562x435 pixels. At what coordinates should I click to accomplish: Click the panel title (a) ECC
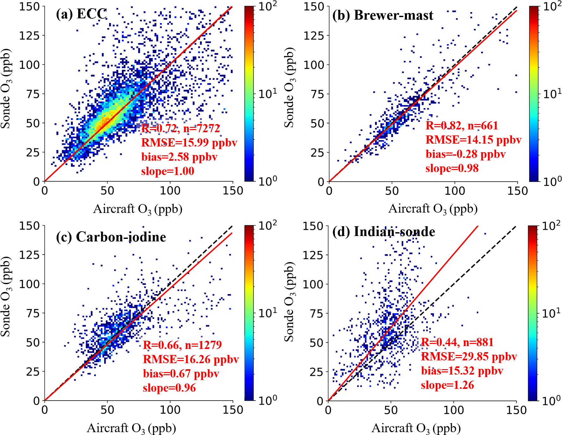tap(81, 14)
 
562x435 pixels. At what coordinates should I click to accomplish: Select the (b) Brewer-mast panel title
tap(383, 15)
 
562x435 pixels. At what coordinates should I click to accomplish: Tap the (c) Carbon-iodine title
tap(111, 237)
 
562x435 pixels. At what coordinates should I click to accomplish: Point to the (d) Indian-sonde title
tap(384, 232)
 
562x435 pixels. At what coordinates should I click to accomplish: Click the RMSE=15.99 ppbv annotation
tap(189, 143)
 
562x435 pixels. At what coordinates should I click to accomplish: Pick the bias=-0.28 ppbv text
tap(465, 154)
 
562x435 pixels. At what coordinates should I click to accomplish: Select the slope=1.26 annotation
tap(447, 385)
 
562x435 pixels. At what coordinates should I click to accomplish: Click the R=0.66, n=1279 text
tap(182, 345)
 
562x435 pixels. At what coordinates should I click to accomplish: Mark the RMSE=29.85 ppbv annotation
tap(469, 357)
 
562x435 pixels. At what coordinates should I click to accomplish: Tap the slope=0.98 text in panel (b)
tap(452, 168)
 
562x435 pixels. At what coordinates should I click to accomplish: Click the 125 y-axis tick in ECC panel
tap(29, 35)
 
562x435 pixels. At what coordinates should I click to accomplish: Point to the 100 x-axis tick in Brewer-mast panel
tap(454, 191)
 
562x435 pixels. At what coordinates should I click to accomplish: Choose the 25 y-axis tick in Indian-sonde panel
tap(317, 372)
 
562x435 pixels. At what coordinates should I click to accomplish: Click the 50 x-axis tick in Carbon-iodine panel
tap(107, 410)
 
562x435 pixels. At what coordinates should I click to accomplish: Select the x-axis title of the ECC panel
tap(138, 209)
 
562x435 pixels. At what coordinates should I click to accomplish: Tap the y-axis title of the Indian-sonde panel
tap(289, 302)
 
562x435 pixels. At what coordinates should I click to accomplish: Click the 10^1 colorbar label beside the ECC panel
tap(267, 94)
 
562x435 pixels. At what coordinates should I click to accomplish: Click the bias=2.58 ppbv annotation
tap(179, 157)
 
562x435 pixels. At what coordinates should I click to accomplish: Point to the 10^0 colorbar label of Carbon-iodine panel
tap(267, 400)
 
